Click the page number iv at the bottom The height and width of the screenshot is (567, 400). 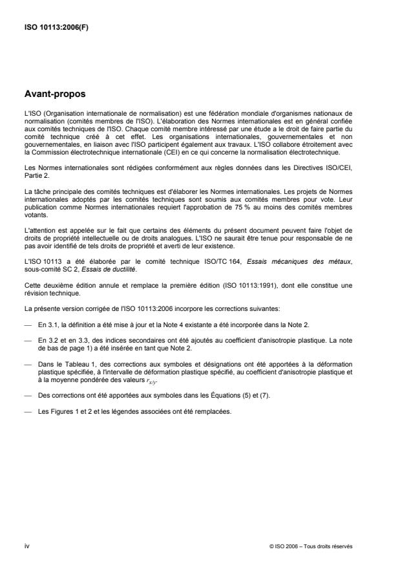(26, 546)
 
